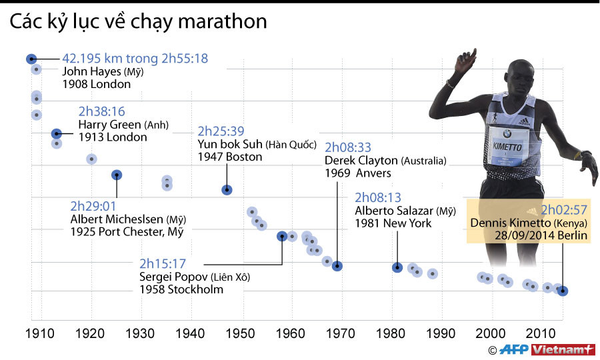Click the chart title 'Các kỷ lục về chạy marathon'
coord(138,21)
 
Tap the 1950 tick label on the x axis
coord(241,333)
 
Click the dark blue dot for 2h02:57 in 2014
coord(563,291)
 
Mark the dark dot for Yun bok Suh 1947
coord(227,190)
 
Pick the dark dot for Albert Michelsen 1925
coord(117,175)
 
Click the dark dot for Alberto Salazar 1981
coord(397,267)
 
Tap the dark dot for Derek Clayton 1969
coord(337,266)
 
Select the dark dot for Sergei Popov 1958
coord(282,235)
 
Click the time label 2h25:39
coord(221,131)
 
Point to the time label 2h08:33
coord(347,148)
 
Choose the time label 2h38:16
coord(101,111)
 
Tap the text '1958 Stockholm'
coord(181,289)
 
